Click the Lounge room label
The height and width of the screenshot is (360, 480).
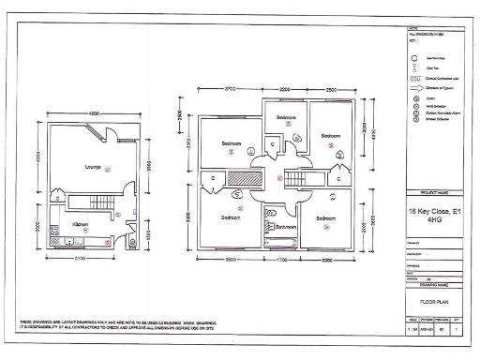pos(93,167)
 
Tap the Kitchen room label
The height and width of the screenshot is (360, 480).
pos(81,225)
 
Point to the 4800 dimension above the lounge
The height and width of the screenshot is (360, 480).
pos(94,113)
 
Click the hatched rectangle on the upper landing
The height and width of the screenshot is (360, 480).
pos(244,178)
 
